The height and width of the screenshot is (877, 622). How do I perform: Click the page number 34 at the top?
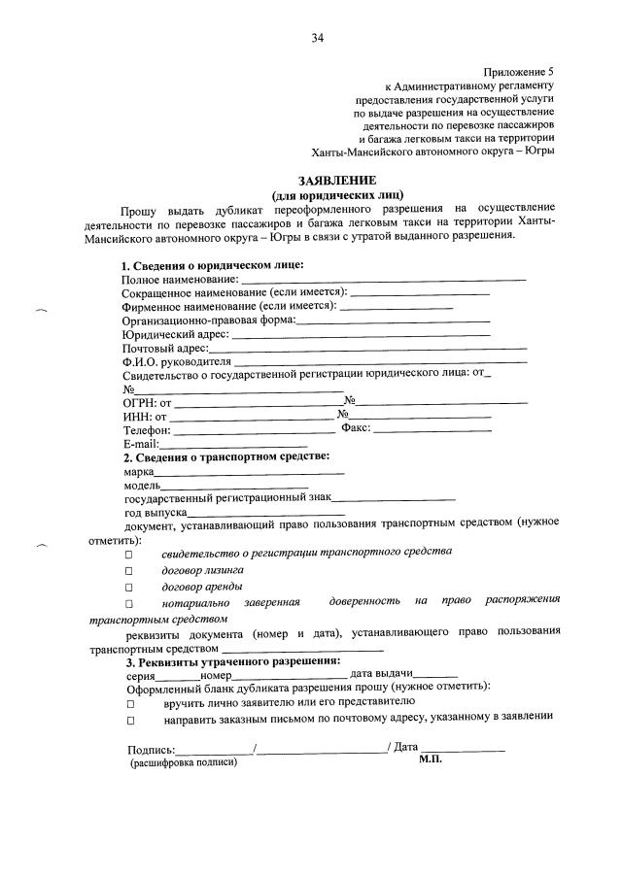click(x=317, y=38)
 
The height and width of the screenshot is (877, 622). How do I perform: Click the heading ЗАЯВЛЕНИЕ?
click(x=316, y=180)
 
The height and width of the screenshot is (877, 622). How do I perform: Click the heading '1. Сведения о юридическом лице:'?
click(x=212, y=266)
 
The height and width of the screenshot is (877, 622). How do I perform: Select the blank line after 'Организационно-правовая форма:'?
click(x=393, y=320)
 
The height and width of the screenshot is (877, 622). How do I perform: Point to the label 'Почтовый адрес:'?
click(x=165, y=347)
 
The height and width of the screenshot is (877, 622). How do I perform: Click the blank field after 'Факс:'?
click(x=432, y=429)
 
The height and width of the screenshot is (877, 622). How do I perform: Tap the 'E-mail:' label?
click(x=140, y=443)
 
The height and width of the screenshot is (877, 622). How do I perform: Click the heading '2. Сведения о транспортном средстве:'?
click(x=225, y=456)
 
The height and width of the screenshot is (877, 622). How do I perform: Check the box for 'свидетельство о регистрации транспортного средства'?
click(x=127, y=554)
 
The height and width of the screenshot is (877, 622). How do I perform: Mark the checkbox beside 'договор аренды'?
click(x=127, y=589)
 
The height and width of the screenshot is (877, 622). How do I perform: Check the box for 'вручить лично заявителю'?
click(x=127, y=702)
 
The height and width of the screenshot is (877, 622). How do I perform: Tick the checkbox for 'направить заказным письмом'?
click(x=127, y=721)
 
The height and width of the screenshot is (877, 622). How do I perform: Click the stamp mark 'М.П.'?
click(x=431, y=761)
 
